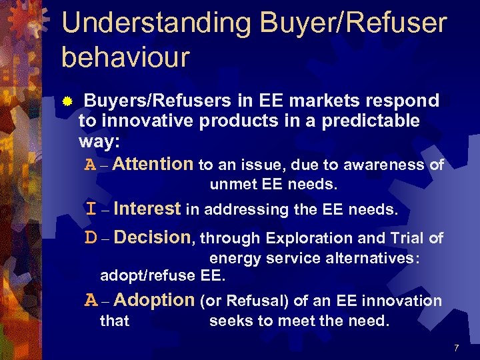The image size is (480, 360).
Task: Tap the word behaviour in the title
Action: (x=125, y=57)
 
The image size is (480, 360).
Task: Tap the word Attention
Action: (x=153, y=164)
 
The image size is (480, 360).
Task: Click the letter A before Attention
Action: (x=91, y=165)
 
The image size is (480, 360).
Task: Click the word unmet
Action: (x=230, y=184)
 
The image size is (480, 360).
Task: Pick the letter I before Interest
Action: (x=91, y=209)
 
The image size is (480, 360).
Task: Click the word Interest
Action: (x=147, y=209)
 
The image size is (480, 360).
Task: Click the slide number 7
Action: (x=456, y=348)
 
